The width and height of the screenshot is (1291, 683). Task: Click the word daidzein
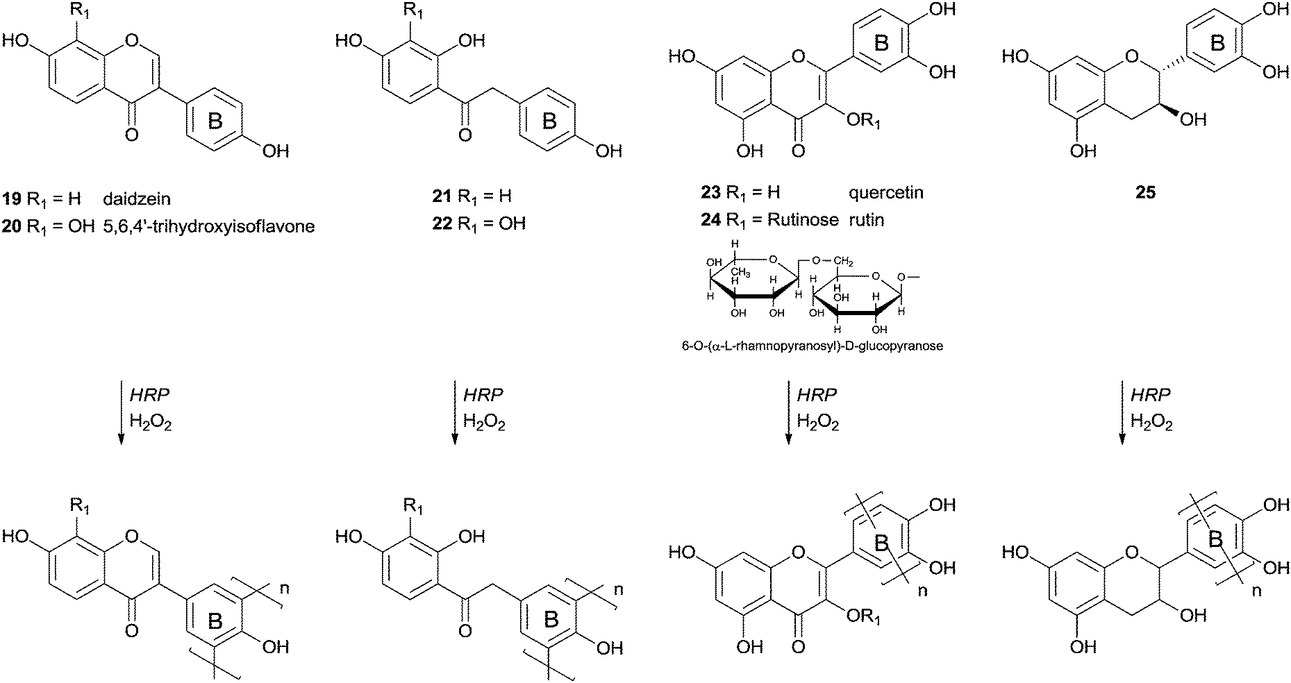pyautogui.click(x=137, y=199)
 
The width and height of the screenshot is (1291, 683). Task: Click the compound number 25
pyautogui.click(x=1145, y=192)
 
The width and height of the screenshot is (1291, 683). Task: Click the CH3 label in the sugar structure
pyautogui.click(x=738, y=273)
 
